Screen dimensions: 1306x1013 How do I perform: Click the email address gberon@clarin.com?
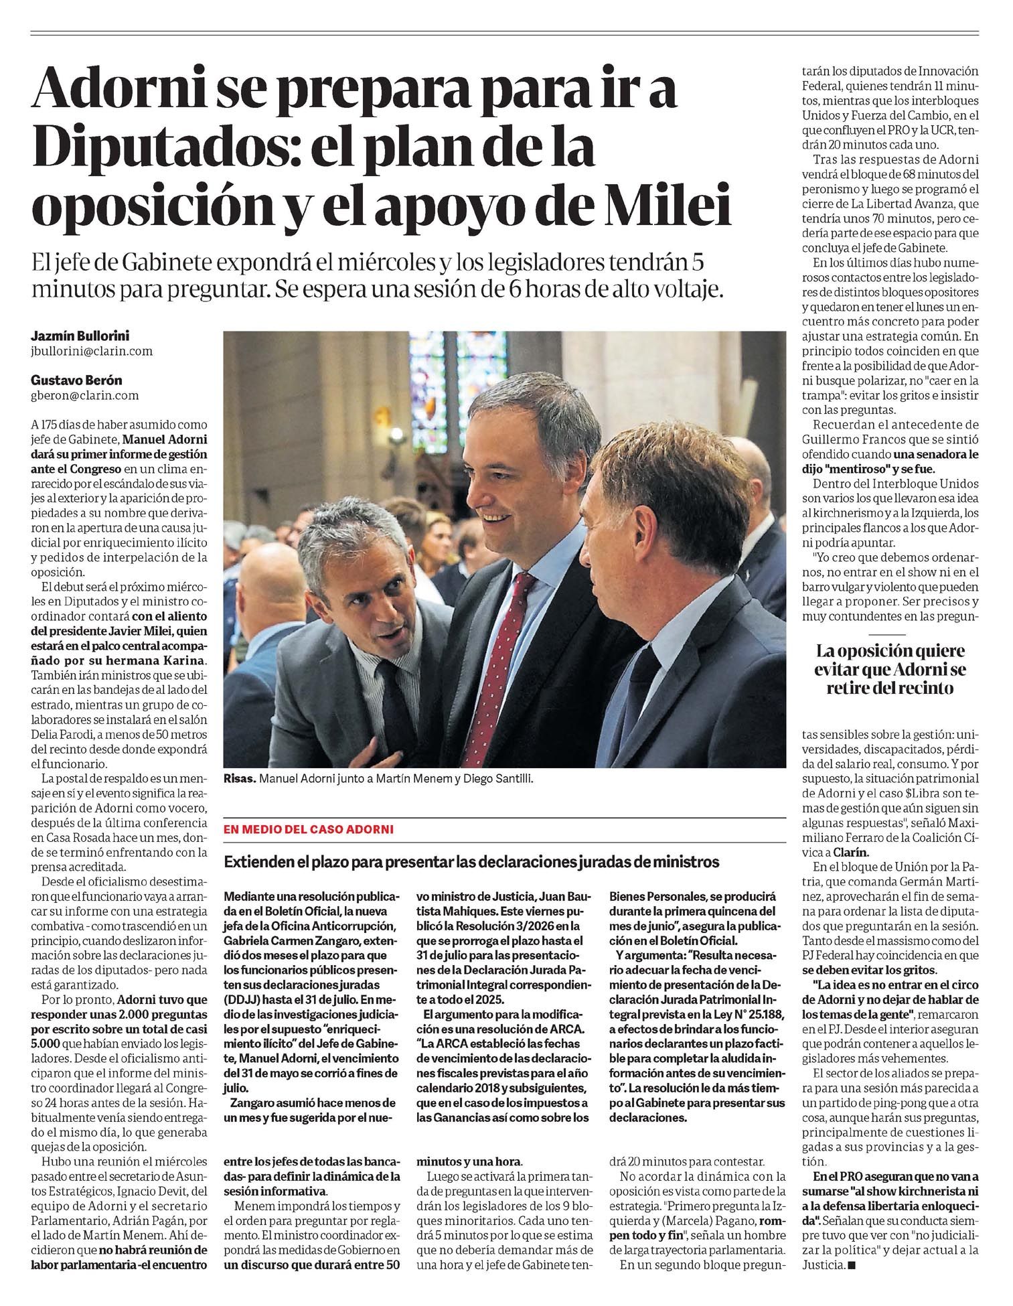(x=85, y=395)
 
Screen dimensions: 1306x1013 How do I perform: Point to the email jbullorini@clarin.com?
(x=92, y=350)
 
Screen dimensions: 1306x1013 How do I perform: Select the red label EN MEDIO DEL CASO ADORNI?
(x=309, y=829)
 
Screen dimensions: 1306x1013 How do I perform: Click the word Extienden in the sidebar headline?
(x=258, y=862)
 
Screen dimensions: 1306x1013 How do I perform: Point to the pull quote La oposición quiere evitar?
(x=890, y=669)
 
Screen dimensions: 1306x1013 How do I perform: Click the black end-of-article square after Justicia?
(x=852, y=1265)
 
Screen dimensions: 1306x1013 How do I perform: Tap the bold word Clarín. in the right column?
(x=850, y=853)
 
